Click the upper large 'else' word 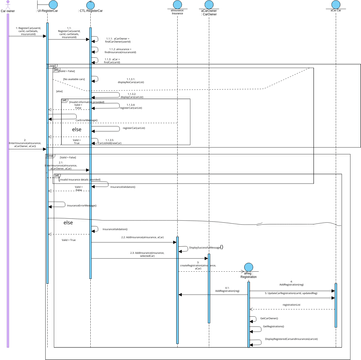tap(77, 128)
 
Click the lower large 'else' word tap(69, 222)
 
